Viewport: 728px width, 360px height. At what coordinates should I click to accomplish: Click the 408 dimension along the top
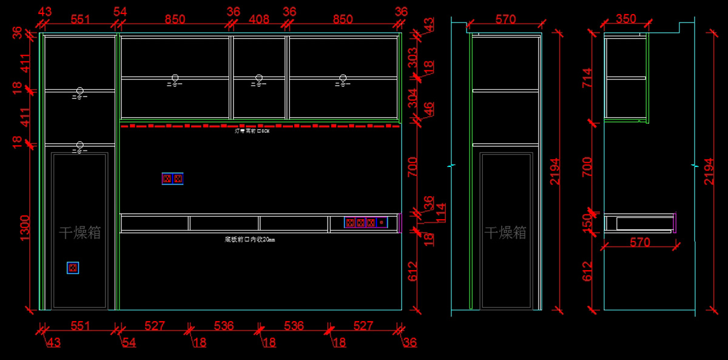[x=259, y=19]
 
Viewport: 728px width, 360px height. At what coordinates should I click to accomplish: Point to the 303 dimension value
[x=413, y=57]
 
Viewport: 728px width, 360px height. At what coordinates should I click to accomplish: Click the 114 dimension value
[x=442, y=212]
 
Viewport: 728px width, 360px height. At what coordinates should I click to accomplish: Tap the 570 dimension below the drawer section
[x=639, y=242]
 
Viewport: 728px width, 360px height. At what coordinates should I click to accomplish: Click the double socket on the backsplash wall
[x=172, y=178]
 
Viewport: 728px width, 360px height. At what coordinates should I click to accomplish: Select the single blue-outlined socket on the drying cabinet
[x=73, y=268]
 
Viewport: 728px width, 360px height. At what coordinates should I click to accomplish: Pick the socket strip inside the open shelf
[x=366, y=222]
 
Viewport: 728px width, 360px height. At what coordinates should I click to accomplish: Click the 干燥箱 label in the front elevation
[x=80, y=233]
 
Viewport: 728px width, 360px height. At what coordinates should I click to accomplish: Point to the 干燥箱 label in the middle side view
[x=505, y=233]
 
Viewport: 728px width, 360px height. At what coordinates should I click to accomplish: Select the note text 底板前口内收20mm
[x=249, y=240]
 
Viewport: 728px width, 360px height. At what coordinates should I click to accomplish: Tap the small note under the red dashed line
[x=251, y=131]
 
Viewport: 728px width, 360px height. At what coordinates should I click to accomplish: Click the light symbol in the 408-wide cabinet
[x=259, y=81]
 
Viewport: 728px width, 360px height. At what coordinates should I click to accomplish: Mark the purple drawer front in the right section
[x=675, y=222]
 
